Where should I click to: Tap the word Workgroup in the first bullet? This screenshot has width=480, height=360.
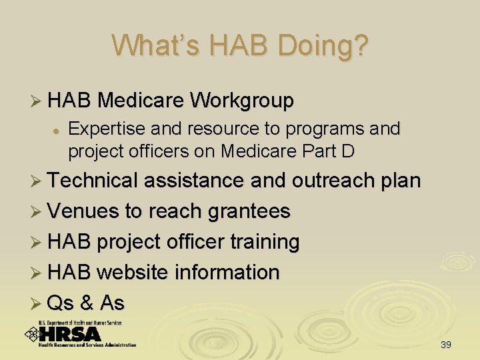pyautogui.click(x=241, y=101)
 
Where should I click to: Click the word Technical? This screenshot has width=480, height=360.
pyautogui.click(x=95, y=181)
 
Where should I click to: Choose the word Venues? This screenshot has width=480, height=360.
pyautogui.click(x=83, y=211)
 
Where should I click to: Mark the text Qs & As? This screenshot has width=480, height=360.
pyautogui.click(x=86, y=303)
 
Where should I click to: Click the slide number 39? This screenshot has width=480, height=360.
pyautogui.click(x=446, y=345)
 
